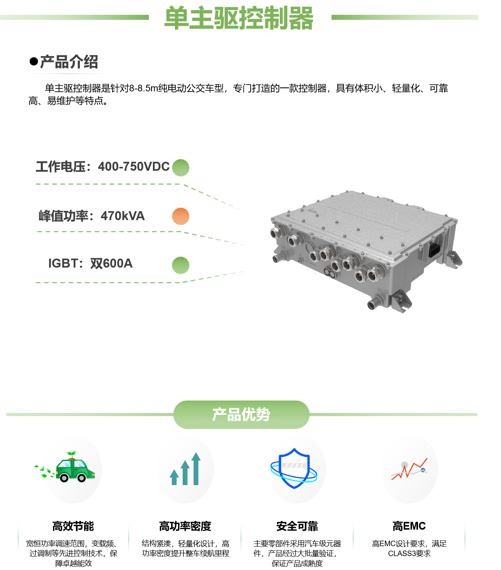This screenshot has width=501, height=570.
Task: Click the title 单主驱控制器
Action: coord(239,18)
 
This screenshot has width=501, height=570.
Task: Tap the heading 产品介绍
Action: coord(69,62)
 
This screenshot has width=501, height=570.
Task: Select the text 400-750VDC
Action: coord(134,167)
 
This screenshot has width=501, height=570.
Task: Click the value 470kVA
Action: coord(123,216)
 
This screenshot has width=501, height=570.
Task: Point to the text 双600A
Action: coord(111,264)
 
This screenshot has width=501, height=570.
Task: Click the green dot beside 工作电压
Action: coord(180,168)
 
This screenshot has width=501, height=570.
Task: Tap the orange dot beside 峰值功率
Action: coord(180,216)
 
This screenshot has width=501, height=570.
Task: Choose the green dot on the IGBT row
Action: coord(180,265)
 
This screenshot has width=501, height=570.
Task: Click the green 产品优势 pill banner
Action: coord(241,415)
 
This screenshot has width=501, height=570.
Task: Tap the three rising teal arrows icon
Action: coord(185,469)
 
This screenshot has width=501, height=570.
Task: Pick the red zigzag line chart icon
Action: coord(409,469)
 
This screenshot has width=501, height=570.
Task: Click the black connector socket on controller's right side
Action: coord(435,249)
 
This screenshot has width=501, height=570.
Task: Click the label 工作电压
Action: coord(61,167)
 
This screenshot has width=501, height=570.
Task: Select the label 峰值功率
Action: coord(64,216)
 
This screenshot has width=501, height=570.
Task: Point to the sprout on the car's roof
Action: coord(71,454)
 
